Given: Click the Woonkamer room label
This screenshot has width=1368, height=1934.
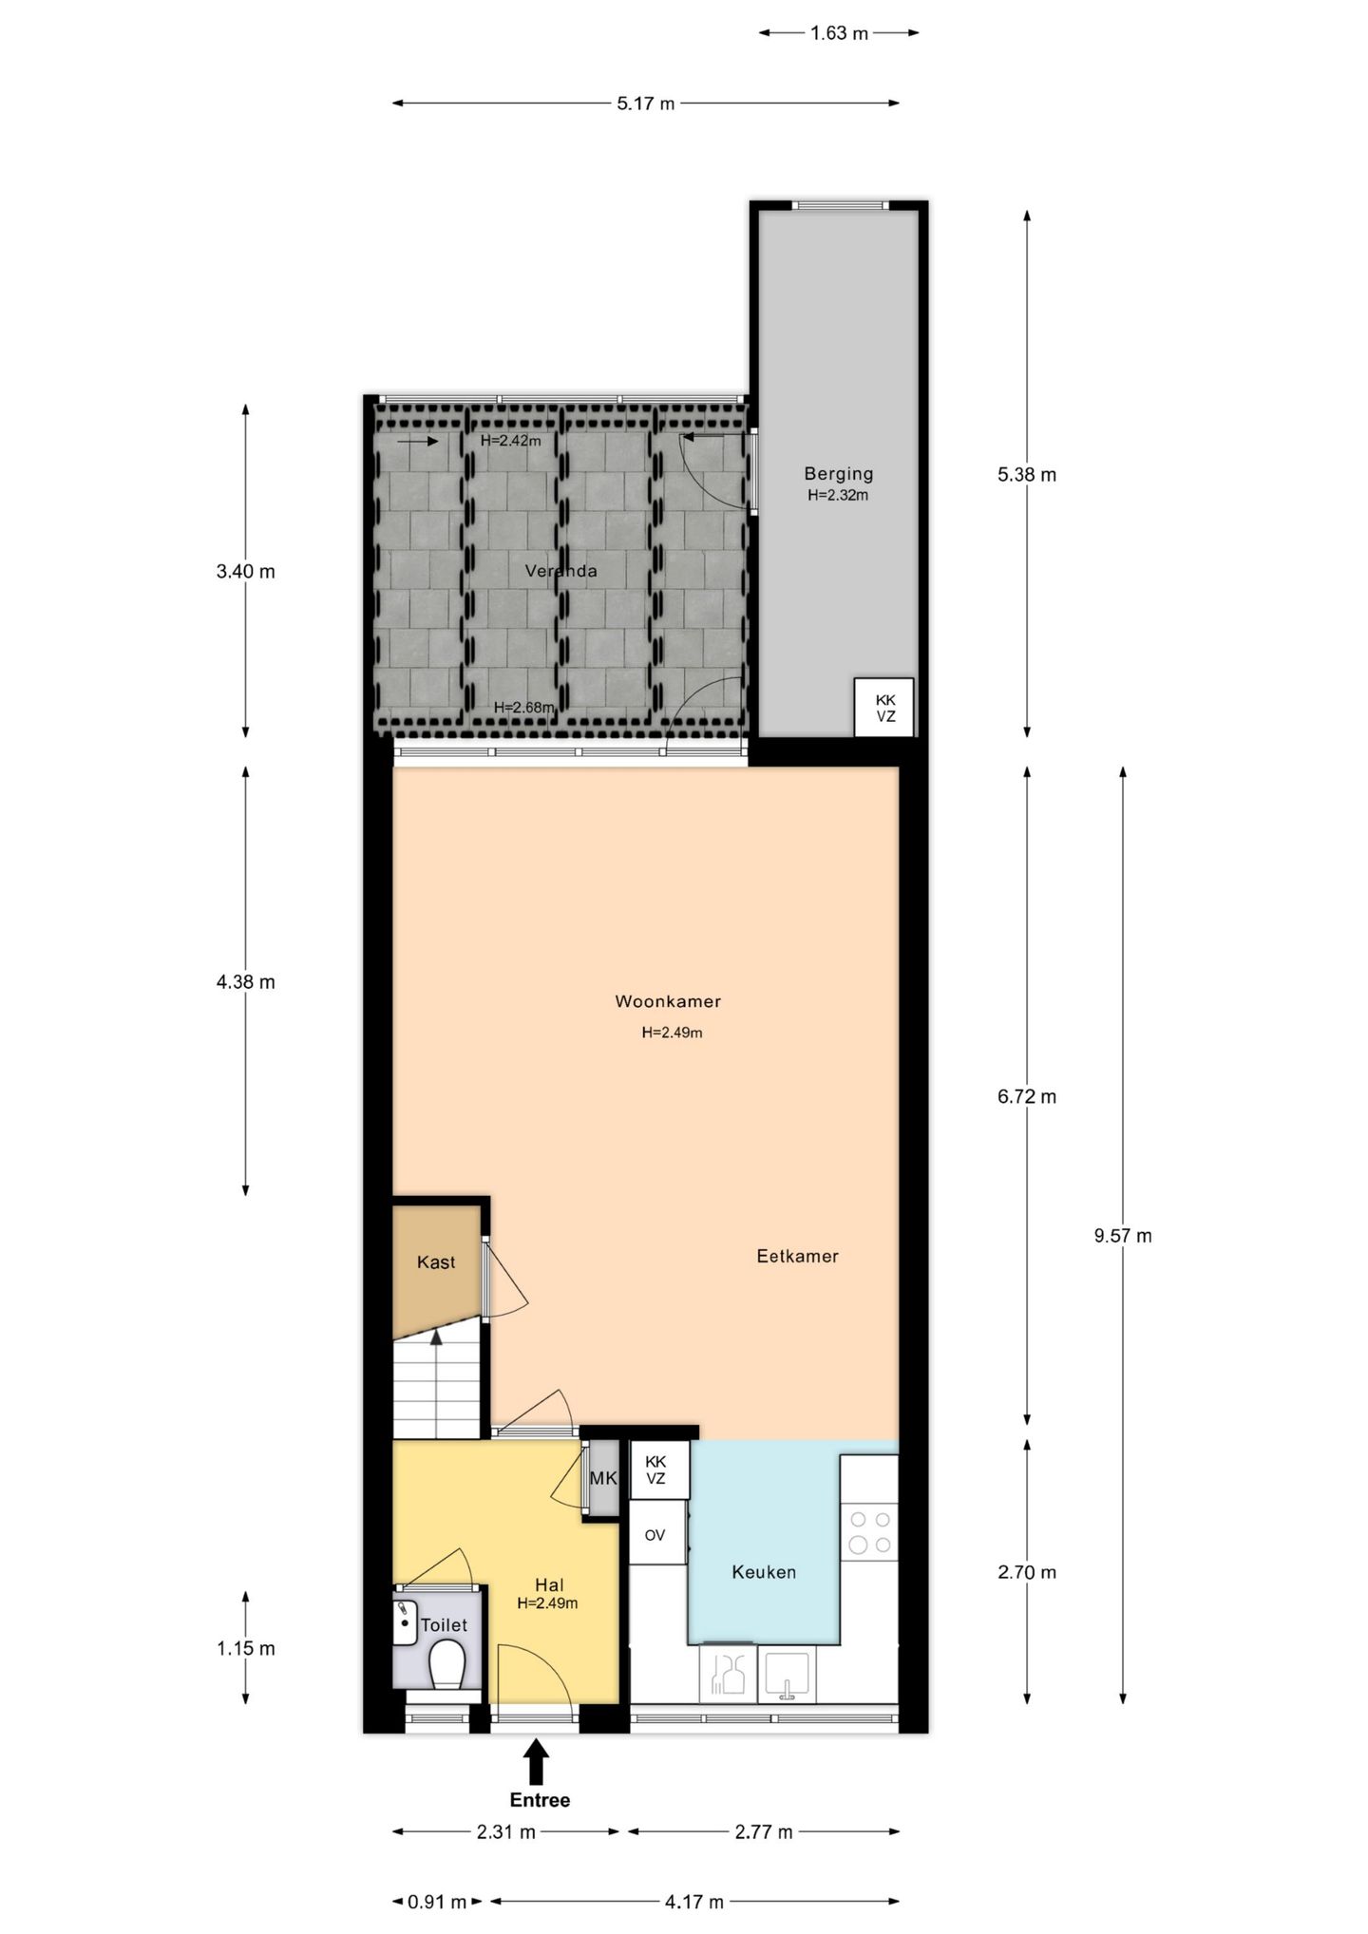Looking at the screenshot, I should tap(668, 1001).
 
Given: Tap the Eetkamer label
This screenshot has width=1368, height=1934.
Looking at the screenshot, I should tap(797, 1256).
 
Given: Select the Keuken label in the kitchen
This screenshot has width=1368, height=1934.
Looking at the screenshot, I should tap(764, 1572).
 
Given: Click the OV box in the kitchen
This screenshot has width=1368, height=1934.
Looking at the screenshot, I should tap(655, 1535).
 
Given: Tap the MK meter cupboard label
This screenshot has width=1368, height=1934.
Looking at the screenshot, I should tap(602, 1479).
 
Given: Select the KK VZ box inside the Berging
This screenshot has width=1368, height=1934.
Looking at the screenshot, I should tap(884, 708).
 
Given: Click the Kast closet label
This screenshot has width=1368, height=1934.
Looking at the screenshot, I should tap(436, 1262).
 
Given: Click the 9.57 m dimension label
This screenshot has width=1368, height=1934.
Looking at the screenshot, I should tap(1123, 1236).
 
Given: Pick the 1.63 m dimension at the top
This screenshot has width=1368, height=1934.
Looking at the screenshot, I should tap(839, 33).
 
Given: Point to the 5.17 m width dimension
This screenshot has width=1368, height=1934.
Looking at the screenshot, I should tap(645, 104).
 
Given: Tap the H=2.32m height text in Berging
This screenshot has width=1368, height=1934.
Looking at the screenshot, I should tap(838, 495).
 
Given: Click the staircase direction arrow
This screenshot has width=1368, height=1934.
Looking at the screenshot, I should tap(436, 1337).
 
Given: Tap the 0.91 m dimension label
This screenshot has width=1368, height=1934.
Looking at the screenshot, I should tap(437, 1902).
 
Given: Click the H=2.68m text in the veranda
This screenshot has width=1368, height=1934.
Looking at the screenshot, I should tap(523, 707).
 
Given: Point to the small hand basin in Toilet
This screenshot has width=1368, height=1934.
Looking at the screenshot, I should tap(406, 1621).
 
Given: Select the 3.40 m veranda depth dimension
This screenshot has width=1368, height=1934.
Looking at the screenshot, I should tap(245, 572).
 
